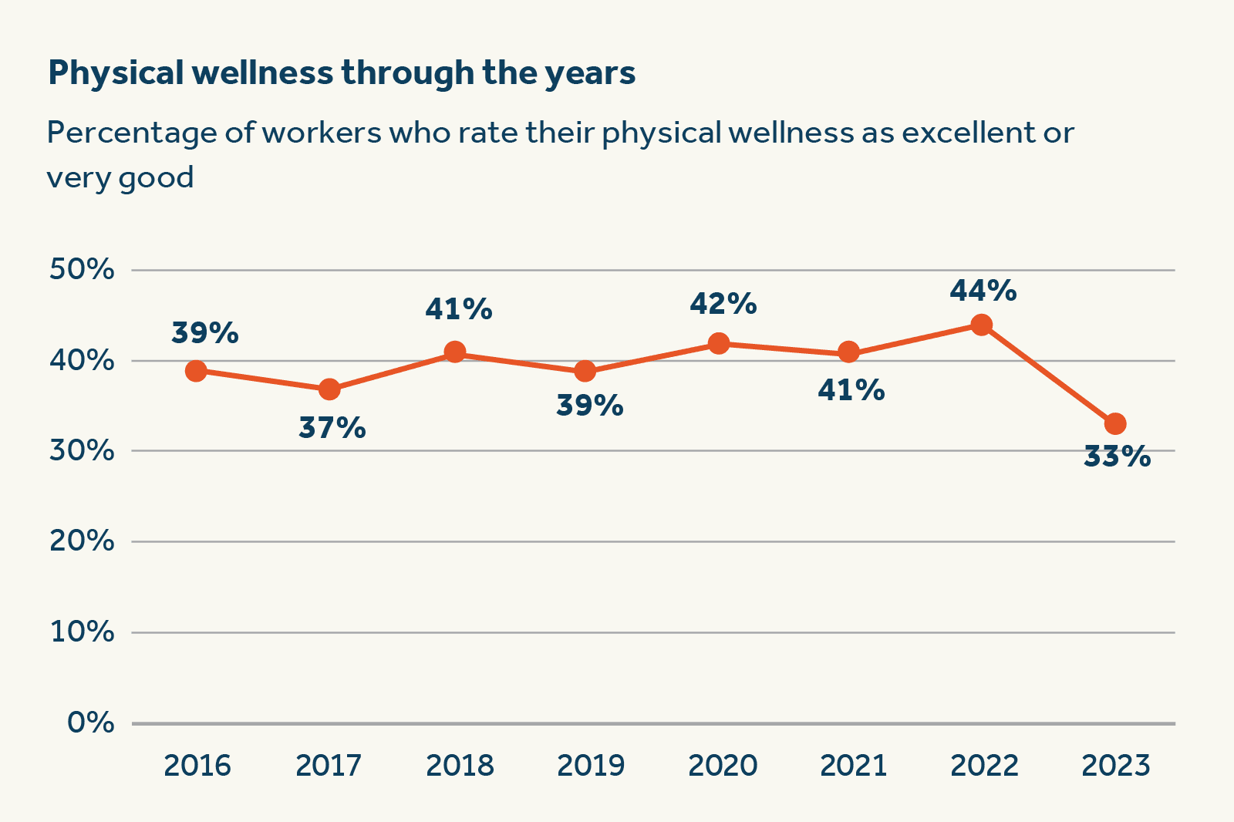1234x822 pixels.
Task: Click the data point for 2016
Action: pyautogui.click(x=196, y=371)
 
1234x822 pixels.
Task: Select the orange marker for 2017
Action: pyautogui.click(x=329, y=389)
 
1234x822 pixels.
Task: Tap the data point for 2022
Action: pyautogui.click(x=981, y=325)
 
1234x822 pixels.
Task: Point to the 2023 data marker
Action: pyautogui.click(x=1115, y=423)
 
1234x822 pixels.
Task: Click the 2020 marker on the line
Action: pyautogui.click(x=718, y=343)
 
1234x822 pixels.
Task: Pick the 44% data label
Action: pyautogui.click(x=983, y=291)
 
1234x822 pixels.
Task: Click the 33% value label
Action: pyautogui.click(x=1117, y=456)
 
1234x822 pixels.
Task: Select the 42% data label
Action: pyautogui.click(x=723, y=304)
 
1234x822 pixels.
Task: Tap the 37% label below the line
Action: pyautogui.click(x=332, y=427)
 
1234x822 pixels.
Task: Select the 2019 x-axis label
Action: pyautogui.click(x=591, y=766)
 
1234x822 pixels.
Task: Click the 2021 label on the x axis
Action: pyautogui.click(x=853, y=766)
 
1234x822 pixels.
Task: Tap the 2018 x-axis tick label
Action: pyautogui.click(x=460, y=766)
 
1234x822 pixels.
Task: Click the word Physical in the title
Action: pyautogui.click(x=116, y=73)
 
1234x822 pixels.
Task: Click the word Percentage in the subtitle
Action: pyautogui.click(x=132, y=133)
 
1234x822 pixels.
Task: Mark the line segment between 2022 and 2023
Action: pyautogui.click(x=1048, y=374)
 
